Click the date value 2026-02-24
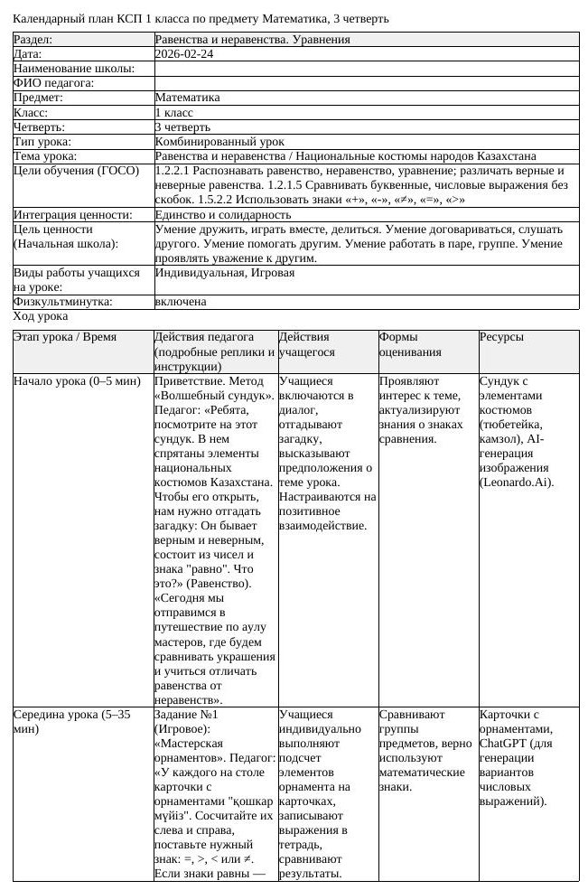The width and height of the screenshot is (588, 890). tap(184, 54)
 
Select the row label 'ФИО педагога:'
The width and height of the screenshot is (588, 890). tap(53, 83)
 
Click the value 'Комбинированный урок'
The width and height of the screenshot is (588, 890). tap(219, 142)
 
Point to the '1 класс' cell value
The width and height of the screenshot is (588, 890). tap(174, 113)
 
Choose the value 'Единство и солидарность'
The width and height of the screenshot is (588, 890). tap(223, 215)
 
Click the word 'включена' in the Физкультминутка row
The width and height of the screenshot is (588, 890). tap(181, 302)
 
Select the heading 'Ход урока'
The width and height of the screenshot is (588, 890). tap(40, 316)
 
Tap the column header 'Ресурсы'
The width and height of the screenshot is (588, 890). tap(501, 337)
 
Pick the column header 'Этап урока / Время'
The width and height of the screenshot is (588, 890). tap(66, 337)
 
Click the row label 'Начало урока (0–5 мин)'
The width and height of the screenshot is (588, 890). tap(77, 381)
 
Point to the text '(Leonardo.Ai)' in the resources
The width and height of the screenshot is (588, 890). tap(517, 482)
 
